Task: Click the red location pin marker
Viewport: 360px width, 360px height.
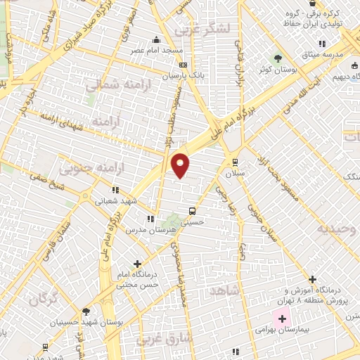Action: click(181, 165)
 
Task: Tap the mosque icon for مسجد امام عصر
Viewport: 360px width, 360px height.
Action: click(155, 40)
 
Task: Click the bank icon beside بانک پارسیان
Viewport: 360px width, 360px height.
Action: click(183, 65)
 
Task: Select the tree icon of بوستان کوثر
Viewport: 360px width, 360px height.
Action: click(278, 58)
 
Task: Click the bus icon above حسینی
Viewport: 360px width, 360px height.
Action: click(192, 210)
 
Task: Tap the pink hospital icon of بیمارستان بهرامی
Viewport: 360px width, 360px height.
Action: click(282, 319)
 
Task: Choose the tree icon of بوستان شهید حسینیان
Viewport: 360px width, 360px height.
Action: click(86, 311)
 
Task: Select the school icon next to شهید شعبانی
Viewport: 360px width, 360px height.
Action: click(115, 190)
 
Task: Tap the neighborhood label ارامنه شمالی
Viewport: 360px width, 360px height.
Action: click(110, 85)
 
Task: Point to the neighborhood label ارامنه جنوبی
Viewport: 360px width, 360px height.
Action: click(83, 169)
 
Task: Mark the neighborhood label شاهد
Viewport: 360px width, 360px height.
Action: click(224, 290)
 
